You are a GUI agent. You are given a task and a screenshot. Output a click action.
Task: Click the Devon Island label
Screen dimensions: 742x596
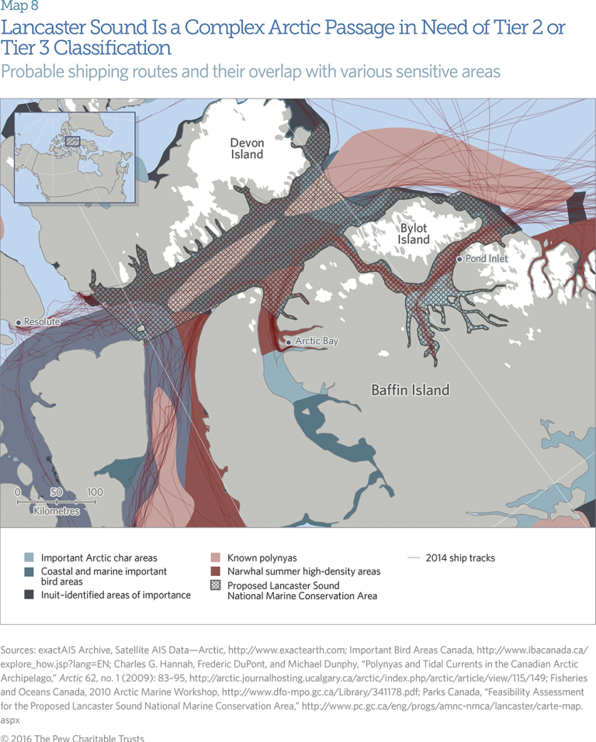point(247,148)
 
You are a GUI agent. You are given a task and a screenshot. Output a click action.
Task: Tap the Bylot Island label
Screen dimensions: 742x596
point(414,233)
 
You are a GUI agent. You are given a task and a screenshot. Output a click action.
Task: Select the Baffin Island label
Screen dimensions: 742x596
point(410,390)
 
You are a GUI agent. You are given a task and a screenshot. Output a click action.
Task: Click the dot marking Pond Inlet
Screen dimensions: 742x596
point(460,259)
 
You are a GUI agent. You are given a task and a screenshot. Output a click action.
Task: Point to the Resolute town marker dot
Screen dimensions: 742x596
point(19,322)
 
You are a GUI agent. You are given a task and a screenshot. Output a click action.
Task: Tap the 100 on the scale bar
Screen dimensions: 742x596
point(95,492)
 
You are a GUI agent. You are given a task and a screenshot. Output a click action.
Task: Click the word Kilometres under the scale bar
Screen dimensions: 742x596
point(57,512)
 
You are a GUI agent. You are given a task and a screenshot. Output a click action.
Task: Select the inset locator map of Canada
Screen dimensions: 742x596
point(74,157)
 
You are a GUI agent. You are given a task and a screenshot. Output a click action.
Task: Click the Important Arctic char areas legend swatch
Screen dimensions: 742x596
point(29,557)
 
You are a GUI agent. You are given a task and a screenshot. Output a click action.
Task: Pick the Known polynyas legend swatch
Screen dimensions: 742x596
point(216,557)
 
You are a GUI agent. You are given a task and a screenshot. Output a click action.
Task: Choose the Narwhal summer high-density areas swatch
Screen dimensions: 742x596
point(216,571)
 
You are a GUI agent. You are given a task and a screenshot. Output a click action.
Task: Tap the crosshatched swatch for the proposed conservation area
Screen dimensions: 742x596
point(216,586)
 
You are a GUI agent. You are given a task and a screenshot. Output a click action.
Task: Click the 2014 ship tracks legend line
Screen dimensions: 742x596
point(414,557)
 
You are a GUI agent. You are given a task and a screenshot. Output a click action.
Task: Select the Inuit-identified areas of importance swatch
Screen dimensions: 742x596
point(29,595)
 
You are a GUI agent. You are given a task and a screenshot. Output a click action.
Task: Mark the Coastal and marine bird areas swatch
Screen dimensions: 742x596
point(29,571)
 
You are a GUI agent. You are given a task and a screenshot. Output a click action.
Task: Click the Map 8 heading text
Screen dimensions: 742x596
point(19,8)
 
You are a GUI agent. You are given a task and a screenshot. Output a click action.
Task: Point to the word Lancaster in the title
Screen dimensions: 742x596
point(45,29)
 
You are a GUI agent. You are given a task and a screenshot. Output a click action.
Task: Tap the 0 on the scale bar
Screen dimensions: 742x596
point(17,492)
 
